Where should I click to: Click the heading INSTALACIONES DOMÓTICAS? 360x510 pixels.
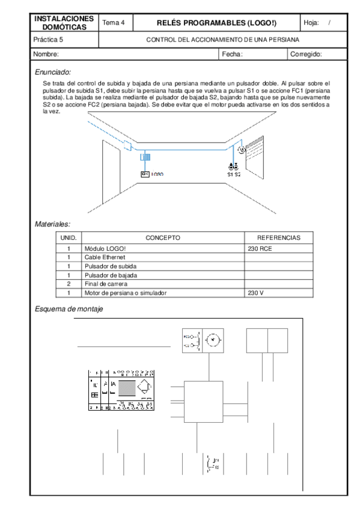pos(64,23)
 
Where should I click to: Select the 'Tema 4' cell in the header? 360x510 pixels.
pos(114,23)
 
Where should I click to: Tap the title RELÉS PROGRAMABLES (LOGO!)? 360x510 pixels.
pos(216,23)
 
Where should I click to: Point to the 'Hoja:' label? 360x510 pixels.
pos(311,23)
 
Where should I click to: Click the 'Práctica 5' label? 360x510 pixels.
pos(49,40)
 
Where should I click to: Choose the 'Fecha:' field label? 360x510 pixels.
pos(232,54)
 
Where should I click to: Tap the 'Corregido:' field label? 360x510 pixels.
pos(306,54)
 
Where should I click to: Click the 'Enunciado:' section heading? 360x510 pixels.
pos(53,72)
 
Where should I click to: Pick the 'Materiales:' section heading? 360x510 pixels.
pos(53,224)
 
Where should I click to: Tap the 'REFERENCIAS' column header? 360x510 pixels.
pos(278,238)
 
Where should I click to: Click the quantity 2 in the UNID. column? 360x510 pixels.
pos(69,284)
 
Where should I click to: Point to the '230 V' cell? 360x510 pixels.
pos(256,293)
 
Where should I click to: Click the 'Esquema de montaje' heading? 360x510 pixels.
pos(69,309)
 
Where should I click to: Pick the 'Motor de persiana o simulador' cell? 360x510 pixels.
pos(126,293)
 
